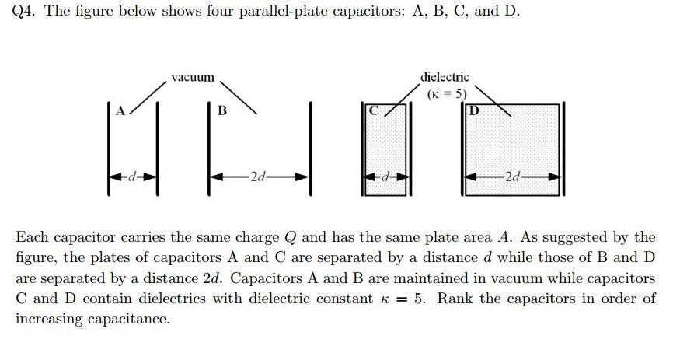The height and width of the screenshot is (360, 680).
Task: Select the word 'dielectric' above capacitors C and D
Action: [445, 76]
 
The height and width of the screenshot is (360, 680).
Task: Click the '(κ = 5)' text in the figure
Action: [446, 93]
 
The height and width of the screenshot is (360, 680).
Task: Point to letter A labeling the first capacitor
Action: [120, 110]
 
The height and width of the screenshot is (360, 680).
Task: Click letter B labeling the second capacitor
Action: [221, 111]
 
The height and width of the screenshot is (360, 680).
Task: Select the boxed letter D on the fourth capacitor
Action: [473, 110]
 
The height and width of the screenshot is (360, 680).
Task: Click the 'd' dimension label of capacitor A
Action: [134, 178]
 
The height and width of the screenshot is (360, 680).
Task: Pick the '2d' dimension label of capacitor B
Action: [259, 178]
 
